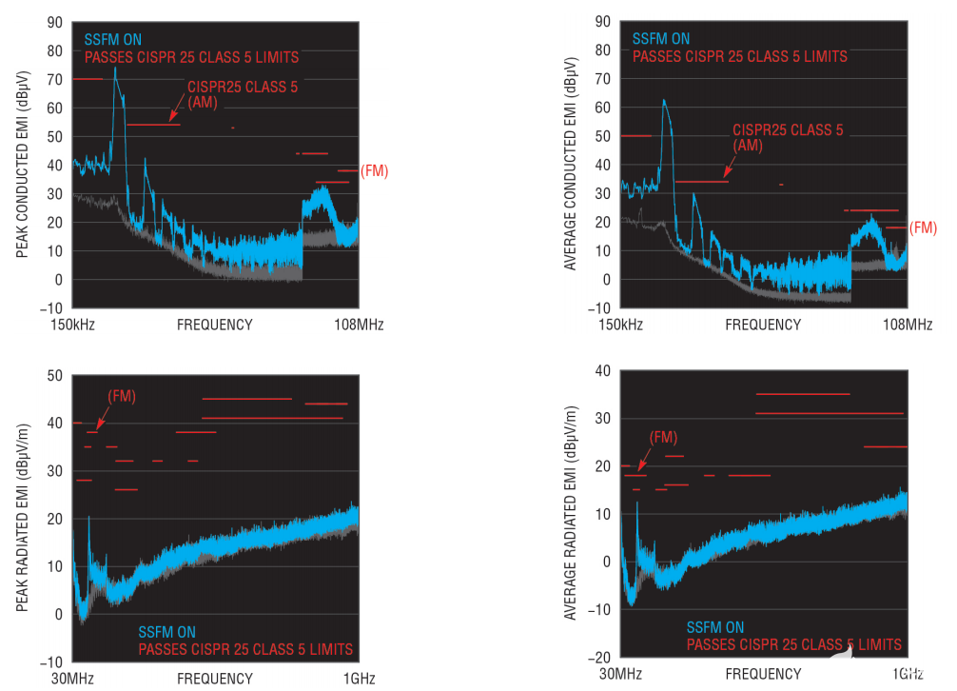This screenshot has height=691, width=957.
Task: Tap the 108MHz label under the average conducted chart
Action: tap(908, 325)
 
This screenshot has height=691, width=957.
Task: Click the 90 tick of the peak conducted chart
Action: tap(55, 22)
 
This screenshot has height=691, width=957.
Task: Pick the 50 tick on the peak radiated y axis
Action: tap(55, 375)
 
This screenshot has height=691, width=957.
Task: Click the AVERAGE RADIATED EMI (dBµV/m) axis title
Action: tap(571, 514)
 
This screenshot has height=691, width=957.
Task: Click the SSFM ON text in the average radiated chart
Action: tap(715, 628)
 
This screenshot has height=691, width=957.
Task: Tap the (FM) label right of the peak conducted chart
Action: tap(374, 171)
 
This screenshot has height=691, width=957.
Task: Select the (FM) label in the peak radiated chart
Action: tap(122, 395)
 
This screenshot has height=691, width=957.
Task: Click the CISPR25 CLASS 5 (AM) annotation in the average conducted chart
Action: tap(788, 137)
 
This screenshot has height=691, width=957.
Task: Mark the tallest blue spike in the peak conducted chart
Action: tap(115, 69)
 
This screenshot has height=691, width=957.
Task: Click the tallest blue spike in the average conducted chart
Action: tap(663, 101)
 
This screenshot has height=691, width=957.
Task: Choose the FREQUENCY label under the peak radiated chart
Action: tap(215, 678)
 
